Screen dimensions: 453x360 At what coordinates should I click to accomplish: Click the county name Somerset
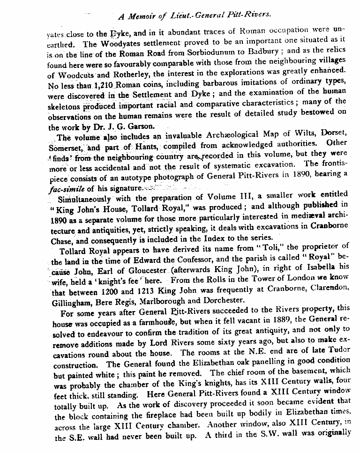65,148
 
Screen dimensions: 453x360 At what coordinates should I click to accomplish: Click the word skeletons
66,106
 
